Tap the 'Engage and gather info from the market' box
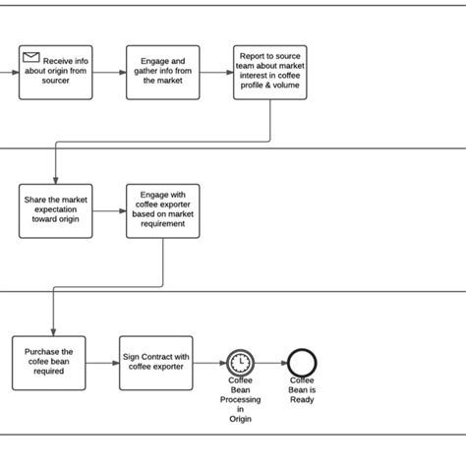tap(162, 72)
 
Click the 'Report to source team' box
tap(269, 72)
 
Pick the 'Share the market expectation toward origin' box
tap(56, 209)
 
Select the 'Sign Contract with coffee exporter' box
tap(155, 361)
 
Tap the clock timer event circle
tap(240, 362)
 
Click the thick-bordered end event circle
tap(302, 362)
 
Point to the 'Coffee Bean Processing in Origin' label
tap(241, 400)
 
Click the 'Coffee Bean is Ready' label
tap(302, 387)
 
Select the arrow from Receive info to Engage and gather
tap(110, 72)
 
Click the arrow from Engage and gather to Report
tap(216, 72)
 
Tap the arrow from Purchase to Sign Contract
tap(102, 361)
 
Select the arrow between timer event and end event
tap(270, 362)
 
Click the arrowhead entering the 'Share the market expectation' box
tap(56, 178)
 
